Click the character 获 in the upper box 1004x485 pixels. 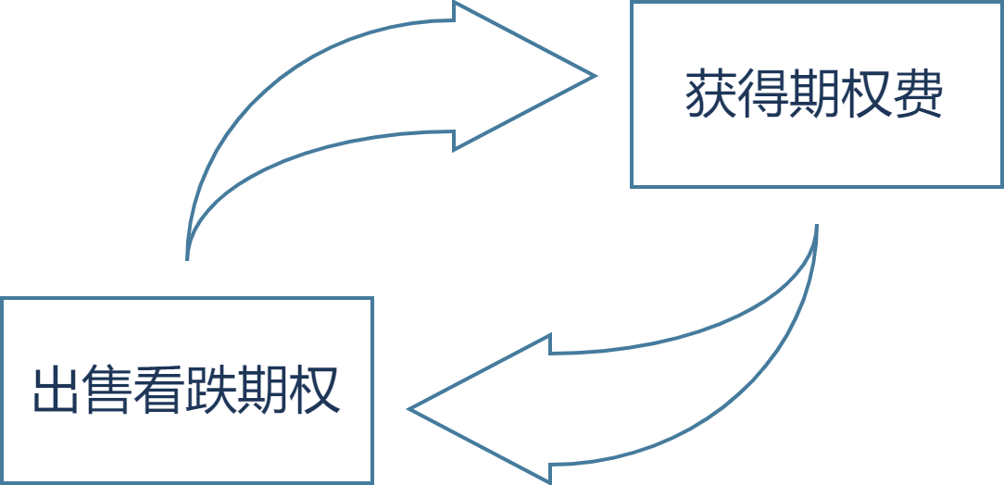click(710, 94)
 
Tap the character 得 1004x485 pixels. click(762, 94)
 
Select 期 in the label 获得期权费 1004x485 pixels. click(814, 94)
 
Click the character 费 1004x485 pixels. click(917, 94)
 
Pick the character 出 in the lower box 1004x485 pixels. click(56, 390)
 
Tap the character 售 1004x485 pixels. click(107, 390)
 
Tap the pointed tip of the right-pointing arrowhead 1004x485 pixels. click(595, 76)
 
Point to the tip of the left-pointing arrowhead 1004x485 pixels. click(409, 408)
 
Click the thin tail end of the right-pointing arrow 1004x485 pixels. click(187, 259)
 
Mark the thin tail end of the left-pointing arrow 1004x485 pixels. click(817, 225)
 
